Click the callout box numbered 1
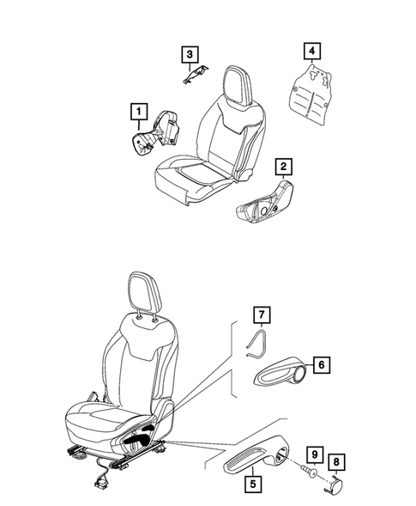pos(136,111)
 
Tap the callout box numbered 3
pos(189,54)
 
